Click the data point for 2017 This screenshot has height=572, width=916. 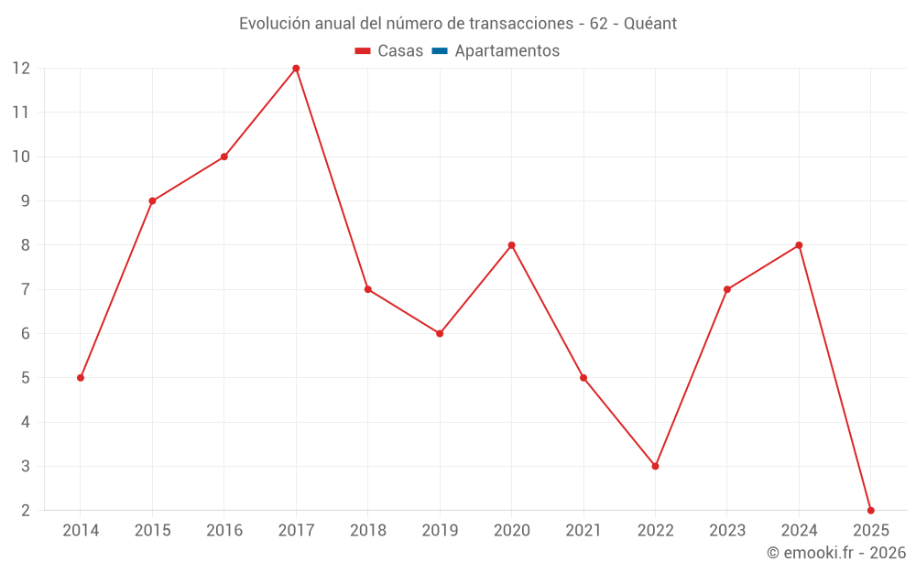coord(296,69)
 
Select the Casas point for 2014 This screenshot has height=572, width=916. coord(81,378)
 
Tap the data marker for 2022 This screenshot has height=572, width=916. coord(655,466)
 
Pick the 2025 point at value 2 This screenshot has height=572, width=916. coord(870,510)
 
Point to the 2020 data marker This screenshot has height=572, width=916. coord(511,245)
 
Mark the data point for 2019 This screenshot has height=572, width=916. coord(440,333)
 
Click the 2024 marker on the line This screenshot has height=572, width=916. coord(799,245)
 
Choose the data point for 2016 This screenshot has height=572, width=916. coord(224,156)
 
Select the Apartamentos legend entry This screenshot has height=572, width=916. coord(507,51)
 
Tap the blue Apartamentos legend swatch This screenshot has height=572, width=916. coord(440,51)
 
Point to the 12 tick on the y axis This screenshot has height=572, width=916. coord(21,69)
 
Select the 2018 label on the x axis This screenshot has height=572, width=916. coord(367,530)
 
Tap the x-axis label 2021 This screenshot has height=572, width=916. coord(583,530)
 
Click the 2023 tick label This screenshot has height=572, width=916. coord(726,530)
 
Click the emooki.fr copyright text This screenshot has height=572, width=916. coord(836,553)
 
